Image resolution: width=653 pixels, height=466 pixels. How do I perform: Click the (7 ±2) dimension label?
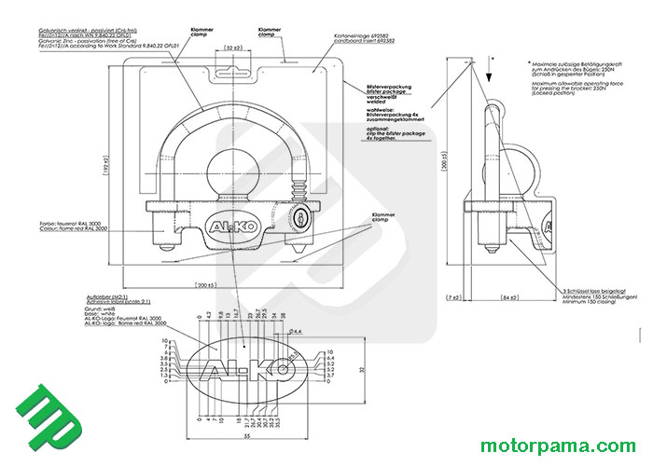click(453, 297)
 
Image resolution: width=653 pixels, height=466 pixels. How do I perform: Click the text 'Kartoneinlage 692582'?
click(366, 36)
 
